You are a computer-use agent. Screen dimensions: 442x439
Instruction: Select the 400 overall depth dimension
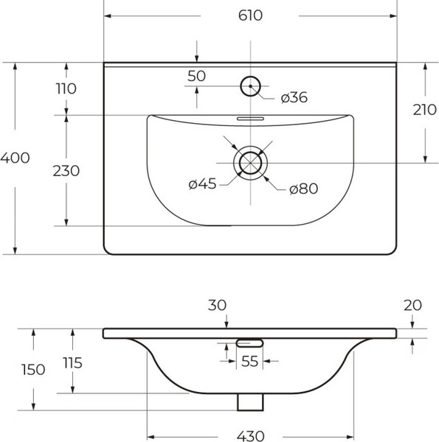tap(15, 158)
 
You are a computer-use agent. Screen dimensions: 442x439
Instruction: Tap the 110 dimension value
tap(66, 88)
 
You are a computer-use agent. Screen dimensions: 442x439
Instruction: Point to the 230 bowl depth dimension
tap(66, 170)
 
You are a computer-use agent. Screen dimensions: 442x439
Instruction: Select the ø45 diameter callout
tap(202, 185)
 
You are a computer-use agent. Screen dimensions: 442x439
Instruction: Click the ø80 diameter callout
tap(303, 189)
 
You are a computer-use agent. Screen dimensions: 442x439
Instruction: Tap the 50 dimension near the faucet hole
tap(196, 75)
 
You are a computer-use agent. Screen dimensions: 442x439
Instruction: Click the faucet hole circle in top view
tap(251, 86)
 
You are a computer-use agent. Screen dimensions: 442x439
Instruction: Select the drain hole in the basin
tap(251, 162)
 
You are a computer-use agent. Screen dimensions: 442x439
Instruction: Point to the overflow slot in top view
tap(251, 116)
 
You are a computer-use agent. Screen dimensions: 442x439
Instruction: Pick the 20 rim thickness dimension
tap(414, 305)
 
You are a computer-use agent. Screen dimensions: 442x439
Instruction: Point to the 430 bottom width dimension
tap(251, 435)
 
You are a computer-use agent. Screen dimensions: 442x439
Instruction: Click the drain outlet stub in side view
tap(251, 401)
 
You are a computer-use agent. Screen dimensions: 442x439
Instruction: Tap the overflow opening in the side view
tap(251, 342)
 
